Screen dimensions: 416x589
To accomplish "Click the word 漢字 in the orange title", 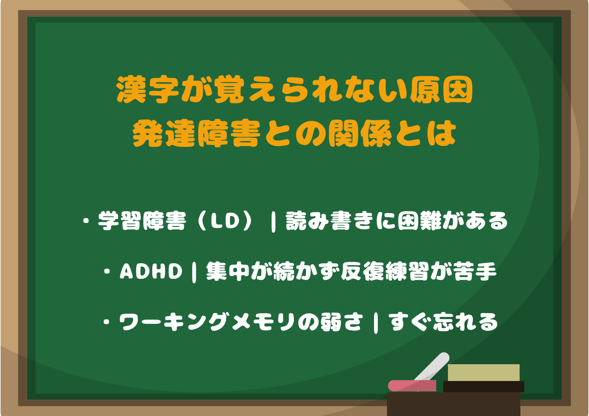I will coord(147,89).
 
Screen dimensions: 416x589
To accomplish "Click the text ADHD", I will coord(151,271).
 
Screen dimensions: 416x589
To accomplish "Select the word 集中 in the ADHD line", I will coord(228,271).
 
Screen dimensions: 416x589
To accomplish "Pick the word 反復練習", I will coord(384,271).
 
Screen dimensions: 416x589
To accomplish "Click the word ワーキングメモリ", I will coord(207,322).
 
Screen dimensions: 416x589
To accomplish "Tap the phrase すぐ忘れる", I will coord(443,322).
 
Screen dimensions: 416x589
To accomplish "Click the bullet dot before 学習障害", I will coord(86,221).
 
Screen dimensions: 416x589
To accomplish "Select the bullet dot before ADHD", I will coord(107,272).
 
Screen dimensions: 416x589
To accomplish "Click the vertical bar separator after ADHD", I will coord(194,272).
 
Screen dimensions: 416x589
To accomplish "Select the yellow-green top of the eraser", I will coord(484,372).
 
